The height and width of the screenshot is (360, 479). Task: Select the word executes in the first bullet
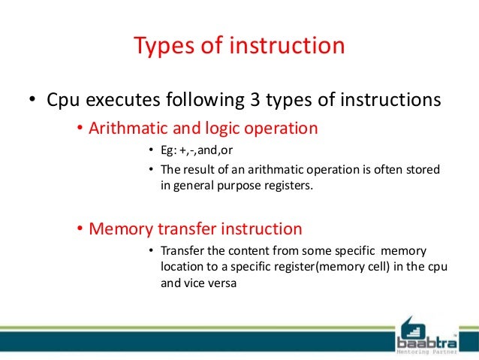click(x=117, y=99)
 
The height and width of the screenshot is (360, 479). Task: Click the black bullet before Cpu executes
click(x=33, y=101)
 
